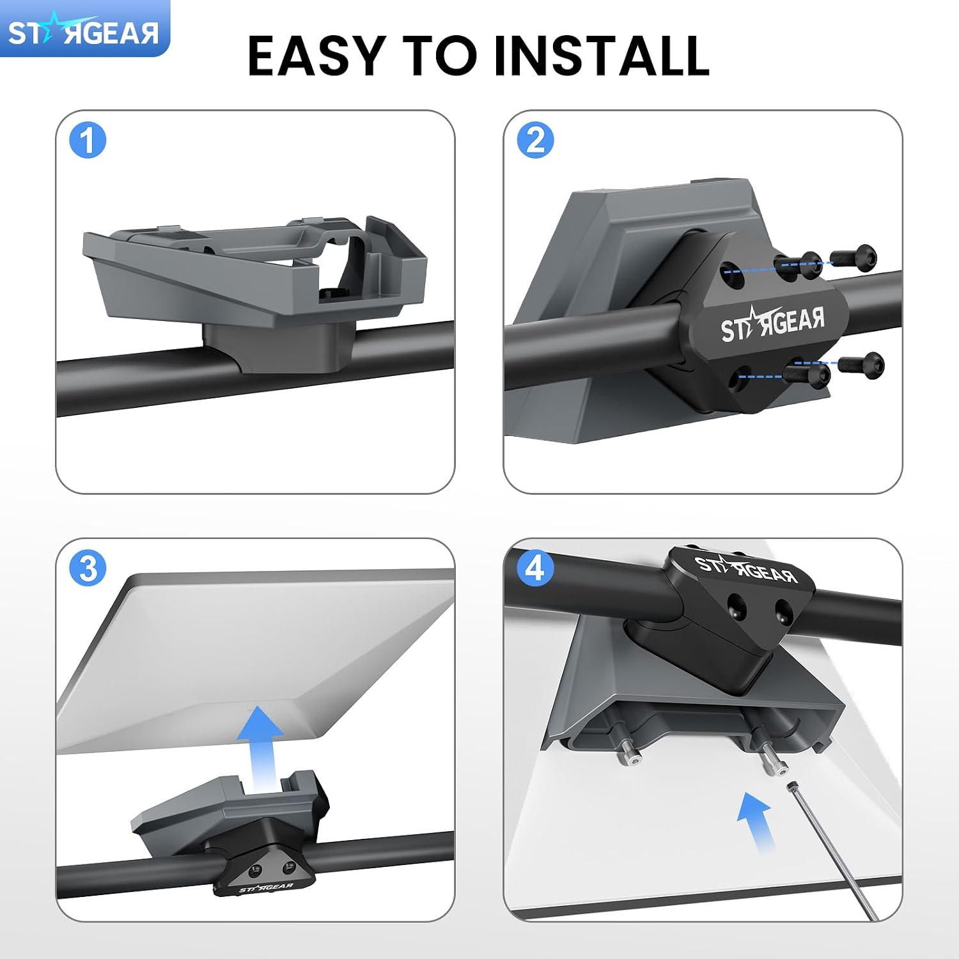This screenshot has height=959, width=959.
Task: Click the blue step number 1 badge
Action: (88, 141)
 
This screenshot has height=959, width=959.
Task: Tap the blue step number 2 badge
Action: (535, 141)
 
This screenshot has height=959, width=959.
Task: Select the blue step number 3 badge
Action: (88, 568)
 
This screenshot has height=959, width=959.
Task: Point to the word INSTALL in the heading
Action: (602, 56)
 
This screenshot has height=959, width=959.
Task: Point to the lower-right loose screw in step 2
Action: (861, 365)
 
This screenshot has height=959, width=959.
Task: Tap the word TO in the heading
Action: (439, 56)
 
